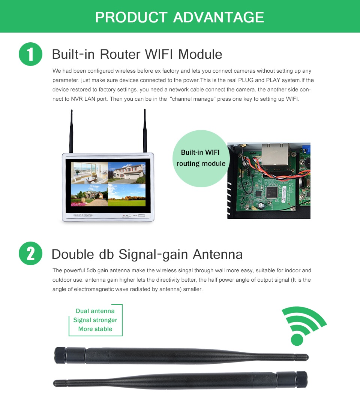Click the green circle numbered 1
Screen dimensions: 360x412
point(30,54)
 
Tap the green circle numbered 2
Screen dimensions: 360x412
point(30,253)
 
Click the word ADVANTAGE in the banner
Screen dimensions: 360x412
point(218,17)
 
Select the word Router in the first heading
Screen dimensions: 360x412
point(120,54)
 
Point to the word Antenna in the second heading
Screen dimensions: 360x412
point(217,254)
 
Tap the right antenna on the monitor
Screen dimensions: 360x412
point(145,131)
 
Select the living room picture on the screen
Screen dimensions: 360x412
point(89,173)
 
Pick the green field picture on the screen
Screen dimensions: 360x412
point(127,195)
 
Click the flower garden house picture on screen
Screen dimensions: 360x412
point(89,195)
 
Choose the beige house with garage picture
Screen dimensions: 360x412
point(127,173)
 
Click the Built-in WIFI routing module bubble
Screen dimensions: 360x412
point(201,158)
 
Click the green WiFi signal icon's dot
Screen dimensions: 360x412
point(297,340)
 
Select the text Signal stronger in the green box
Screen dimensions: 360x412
point(95,320)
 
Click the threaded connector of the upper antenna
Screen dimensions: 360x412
point(60,355)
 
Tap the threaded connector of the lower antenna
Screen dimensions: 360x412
point(302,379)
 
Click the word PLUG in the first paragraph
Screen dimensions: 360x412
point(246,80)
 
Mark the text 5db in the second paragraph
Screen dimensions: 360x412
point(91,270)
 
